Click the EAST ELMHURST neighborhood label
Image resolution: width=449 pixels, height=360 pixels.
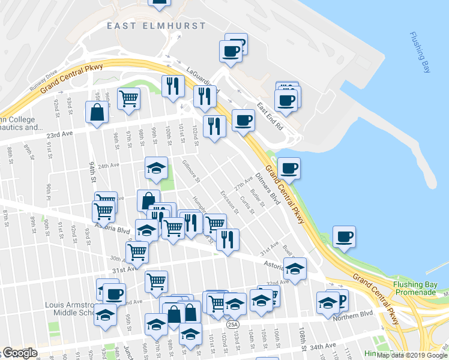[x=156, y=26]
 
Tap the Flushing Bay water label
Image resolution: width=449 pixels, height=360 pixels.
[x=420, y=53]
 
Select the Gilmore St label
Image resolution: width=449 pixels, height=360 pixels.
[x=190, y=171]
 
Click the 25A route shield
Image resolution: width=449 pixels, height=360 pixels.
[x=233, y=325]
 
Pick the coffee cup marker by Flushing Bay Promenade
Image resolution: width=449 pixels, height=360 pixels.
[x=344, y=236]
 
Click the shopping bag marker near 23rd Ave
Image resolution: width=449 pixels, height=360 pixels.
[x=97, y=112]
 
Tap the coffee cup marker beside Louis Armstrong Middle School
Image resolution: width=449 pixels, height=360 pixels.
[x=114, y=294]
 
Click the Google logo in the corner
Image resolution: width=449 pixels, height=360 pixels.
[x=19, y=353]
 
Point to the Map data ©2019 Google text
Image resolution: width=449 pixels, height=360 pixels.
[x=412, y=355]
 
